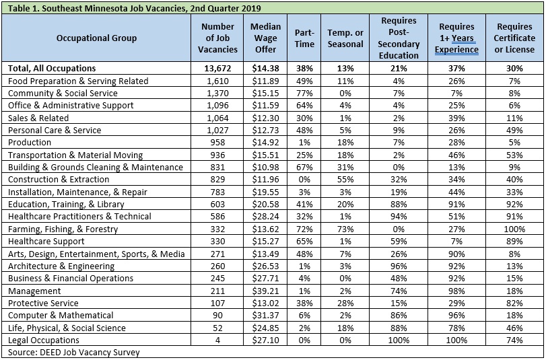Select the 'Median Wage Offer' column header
[x=265, y=38]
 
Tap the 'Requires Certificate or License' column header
[x=514, y=38]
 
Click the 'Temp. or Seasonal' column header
[x=345, y=38]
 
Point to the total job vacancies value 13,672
[x=217, y=69]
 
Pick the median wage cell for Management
[x=265, y=291]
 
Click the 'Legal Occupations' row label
[x=44, y=340]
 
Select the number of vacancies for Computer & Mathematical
[x=217, y=316]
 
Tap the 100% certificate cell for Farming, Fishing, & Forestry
[x=514, y=229]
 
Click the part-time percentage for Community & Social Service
[x=304, y=94]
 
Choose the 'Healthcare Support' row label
[x=46, y=242]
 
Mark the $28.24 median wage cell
[x=265, y=217]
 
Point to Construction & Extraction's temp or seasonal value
[x=345, y=180]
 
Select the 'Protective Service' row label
[x=43, y=303]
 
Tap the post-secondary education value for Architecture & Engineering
[x=399, y=266]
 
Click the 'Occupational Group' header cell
[x=96, y=38]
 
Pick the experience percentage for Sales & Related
[x=456, y=118]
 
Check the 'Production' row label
[x=30, y=143]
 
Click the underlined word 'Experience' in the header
[x=456, y=50]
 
